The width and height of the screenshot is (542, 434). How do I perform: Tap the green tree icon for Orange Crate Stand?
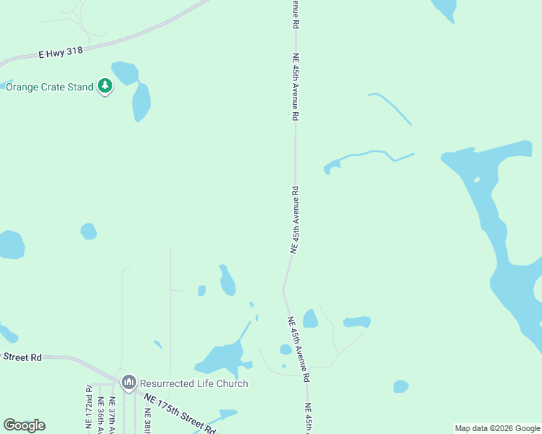click(106, 87)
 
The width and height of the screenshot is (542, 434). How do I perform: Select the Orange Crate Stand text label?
click(49, 87)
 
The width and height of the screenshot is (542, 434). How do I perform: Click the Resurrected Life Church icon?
click(129, 382)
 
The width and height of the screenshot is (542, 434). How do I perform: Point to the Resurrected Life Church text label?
click(193, 383)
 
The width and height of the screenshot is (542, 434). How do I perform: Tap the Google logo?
click(24, 425)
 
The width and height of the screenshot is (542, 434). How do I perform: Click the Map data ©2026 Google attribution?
click(498, 428)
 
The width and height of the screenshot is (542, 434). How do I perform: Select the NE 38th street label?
click(147, 420)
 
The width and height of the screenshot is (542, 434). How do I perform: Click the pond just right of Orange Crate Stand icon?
click(125, 72)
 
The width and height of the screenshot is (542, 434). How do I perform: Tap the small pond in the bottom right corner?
click(401, 386)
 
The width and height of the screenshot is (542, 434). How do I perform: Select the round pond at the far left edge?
click(11, 244)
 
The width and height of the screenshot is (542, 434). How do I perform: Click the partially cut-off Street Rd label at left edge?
click(22, 357)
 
